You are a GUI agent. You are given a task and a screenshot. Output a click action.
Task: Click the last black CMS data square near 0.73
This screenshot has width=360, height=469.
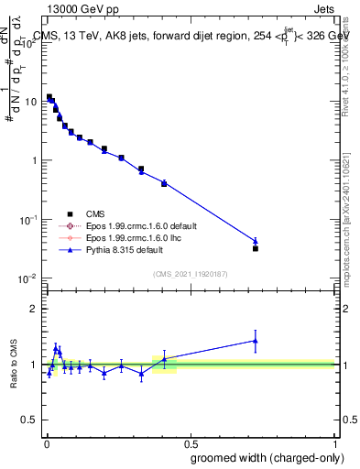[x=256, y=248]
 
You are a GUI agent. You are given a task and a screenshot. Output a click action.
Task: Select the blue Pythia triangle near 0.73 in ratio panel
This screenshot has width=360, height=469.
[x=256, y=341]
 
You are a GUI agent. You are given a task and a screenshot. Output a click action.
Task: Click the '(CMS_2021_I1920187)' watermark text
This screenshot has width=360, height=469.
[x=190, y=272]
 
